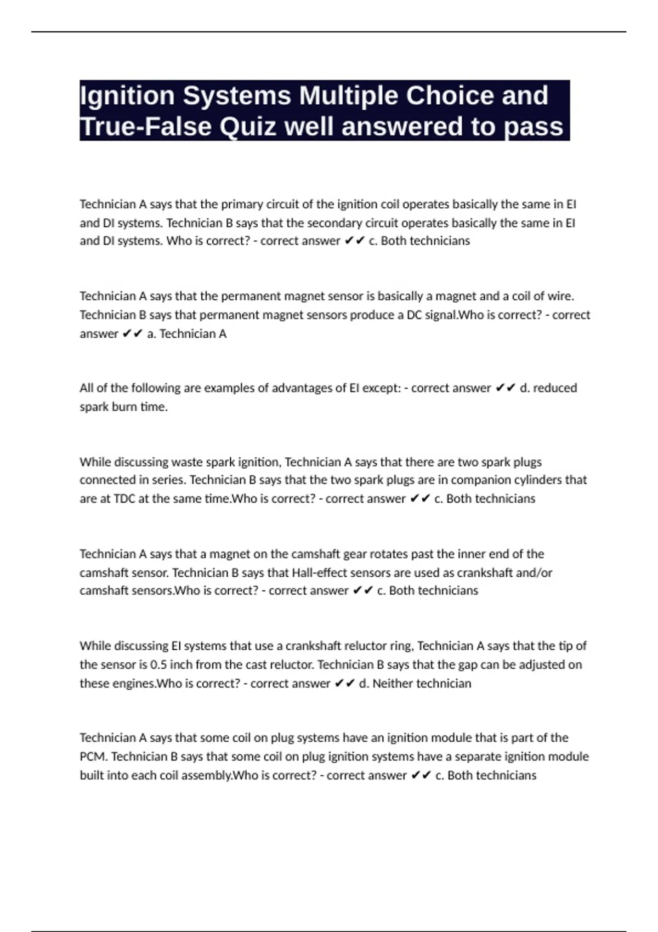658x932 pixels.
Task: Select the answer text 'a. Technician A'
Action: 186,334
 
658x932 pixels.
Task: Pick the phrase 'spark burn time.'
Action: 123,407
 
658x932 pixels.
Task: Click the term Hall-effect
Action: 310,573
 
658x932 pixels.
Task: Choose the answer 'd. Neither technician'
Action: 415,684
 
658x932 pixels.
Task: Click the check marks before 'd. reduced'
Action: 505,388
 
